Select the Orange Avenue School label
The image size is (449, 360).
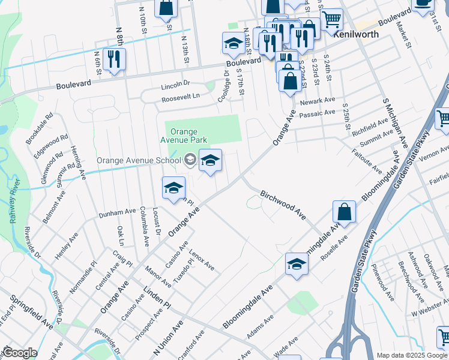[139, 160]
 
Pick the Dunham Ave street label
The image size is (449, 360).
[117, 212]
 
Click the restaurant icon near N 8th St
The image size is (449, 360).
[113, 59]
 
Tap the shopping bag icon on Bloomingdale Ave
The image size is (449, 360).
[345, 212]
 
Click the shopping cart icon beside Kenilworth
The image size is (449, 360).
[331, 19]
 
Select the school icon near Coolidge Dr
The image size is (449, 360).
[233, 43]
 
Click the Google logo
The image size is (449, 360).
[20, 353]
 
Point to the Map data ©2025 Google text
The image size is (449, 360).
[412, 355]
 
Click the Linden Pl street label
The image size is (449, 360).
[157, 298]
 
